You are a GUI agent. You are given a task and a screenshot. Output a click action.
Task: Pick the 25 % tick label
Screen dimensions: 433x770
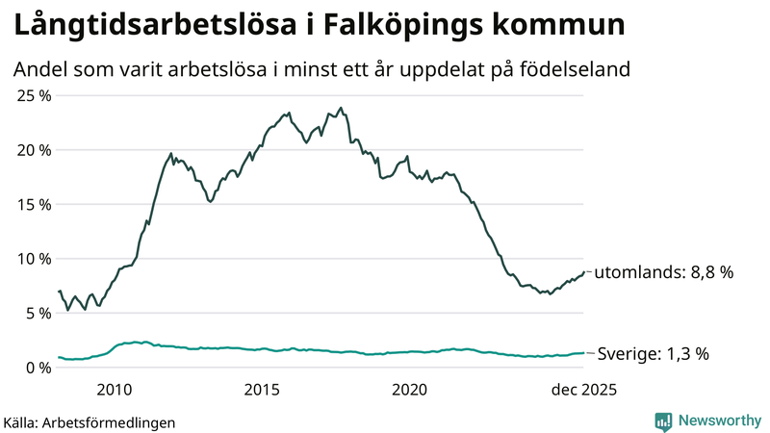click(x=32, y=95)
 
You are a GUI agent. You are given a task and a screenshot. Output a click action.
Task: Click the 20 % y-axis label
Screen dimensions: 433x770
click(x=32, y=150)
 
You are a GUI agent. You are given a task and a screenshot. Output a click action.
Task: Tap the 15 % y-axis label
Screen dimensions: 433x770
click(x=32, y=204)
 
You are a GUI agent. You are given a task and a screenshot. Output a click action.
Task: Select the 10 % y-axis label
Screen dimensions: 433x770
click(x=32, y=259)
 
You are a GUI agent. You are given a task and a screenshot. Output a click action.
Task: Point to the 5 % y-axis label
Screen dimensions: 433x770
click(x=36, y=313)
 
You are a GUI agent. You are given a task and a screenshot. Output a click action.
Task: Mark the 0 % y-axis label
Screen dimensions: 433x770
click(x=36, y=368)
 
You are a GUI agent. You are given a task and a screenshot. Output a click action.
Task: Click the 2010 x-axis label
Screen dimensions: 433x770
click(x=114, y=390)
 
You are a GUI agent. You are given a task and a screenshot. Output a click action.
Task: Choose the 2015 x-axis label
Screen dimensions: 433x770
click(x=262, y=390)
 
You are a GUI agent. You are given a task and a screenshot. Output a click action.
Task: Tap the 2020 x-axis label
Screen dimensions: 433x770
click(x=410, y=390)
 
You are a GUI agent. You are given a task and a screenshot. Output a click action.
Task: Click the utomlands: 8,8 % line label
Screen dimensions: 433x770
click(x=663, y=272)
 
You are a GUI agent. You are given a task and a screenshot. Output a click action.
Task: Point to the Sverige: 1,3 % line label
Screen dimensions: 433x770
click(x=654, y=354)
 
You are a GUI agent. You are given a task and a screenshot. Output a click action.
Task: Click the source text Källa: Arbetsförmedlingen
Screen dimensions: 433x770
click(x=90, y=421)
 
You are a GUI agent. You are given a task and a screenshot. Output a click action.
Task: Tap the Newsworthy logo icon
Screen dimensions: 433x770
click(x=664, y=420)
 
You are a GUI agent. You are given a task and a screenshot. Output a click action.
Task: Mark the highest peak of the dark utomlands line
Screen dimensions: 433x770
click(x=341, y=108)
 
